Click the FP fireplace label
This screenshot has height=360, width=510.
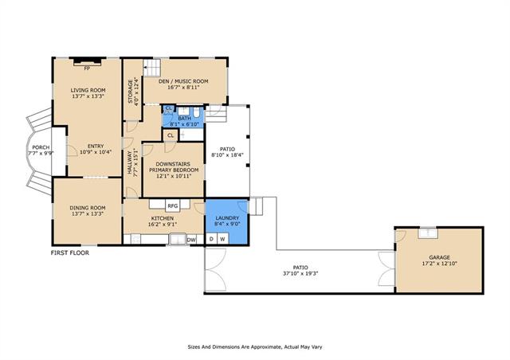click(87, 68)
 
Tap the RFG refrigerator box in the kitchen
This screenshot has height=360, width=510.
click(172, 205)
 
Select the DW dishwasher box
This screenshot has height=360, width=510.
click(191, 240)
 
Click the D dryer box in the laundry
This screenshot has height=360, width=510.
click(211, 239)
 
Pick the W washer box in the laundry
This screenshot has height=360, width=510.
click(223, 239)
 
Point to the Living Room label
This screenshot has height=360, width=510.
click(88, 90)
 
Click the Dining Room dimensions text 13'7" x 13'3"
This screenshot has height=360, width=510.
click(88, 213)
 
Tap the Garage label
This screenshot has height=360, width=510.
click(439, 257)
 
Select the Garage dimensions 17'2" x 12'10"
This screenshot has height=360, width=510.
click(439, 264)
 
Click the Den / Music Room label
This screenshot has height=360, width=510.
click(183, 81)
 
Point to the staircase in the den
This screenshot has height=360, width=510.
click(152, 68)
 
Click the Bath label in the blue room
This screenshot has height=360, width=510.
click(184, 119)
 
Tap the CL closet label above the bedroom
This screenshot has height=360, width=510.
click(171, 135)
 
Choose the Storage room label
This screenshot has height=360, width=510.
click(131, 92)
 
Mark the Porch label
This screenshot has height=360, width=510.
click(41, 147)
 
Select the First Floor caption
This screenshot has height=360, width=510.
click(70, 252)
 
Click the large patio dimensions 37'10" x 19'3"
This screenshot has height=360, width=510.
click(300, 273)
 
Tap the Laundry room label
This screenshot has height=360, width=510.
click(227, 218)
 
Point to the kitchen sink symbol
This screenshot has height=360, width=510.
click(178, 240)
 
